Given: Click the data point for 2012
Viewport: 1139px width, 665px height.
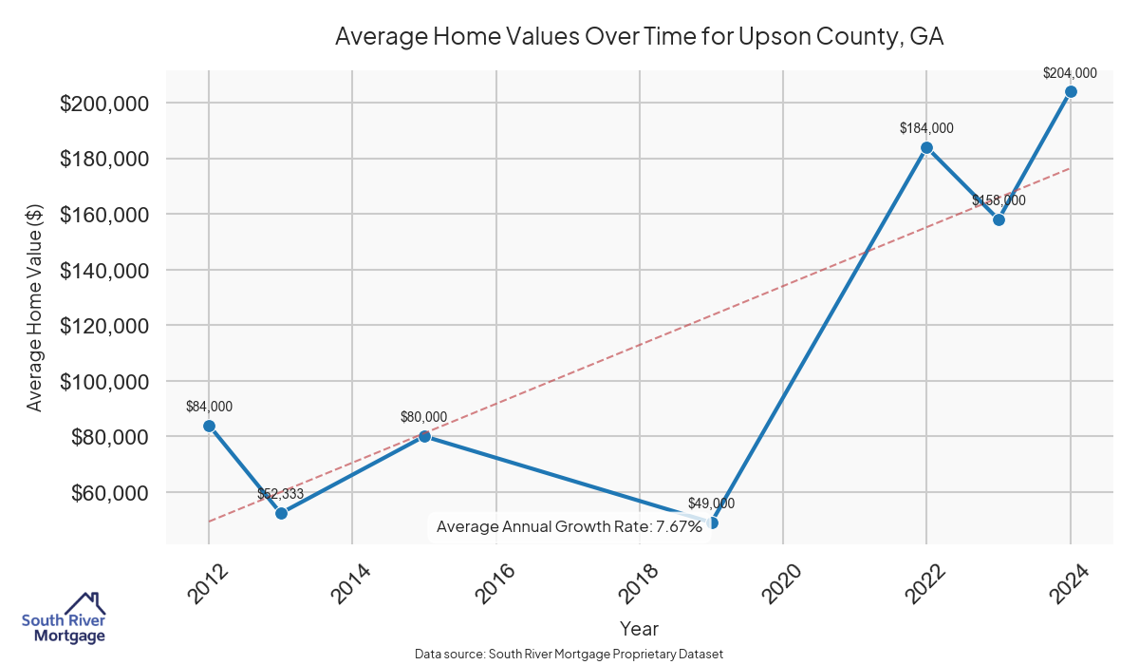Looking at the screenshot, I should pos(209,426).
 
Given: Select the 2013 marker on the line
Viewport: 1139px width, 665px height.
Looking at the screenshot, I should pos(281,514).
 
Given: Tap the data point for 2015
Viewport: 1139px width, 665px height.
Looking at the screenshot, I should pos(424,436).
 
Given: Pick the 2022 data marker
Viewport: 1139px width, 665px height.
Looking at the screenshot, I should pos(926,147).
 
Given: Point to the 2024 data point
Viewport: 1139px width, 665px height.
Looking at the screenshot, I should pos(1071,91).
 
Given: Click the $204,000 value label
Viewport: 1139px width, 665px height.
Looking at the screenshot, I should pos(1070,72).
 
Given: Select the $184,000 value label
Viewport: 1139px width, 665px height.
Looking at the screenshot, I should pos(926,128).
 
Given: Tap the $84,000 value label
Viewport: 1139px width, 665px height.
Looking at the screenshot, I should pos(209,407).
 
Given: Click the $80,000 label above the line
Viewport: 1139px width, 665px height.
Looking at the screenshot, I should pos(423,417).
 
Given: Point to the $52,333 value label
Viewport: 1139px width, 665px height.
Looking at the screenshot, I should pos(281,494).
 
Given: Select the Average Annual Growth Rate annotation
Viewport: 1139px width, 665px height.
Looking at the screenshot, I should pos(569,526).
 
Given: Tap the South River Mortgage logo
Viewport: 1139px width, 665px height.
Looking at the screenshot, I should pos(64,617).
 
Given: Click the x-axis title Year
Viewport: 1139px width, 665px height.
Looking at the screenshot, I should pos(639,628).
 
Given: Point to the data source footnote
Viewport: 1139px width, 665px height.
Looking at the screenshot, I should pos(569,654).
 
